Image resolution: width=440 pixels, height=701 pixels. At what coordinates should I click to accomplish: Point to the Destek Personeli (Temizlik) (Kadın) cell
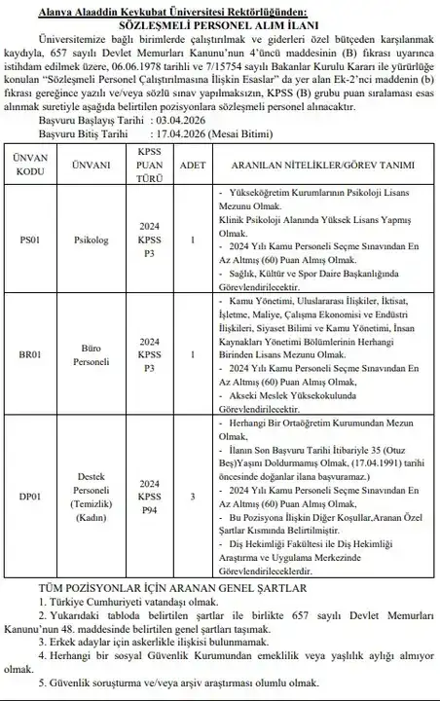coord(92,498)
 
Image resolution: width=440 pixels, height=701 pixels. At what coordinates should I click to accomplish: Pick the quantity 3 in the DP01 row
coord(194,498)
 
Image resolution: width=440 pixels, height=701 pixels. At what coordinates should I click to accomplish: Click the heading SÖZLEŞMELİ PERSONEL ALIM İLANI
coord(220,19)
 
